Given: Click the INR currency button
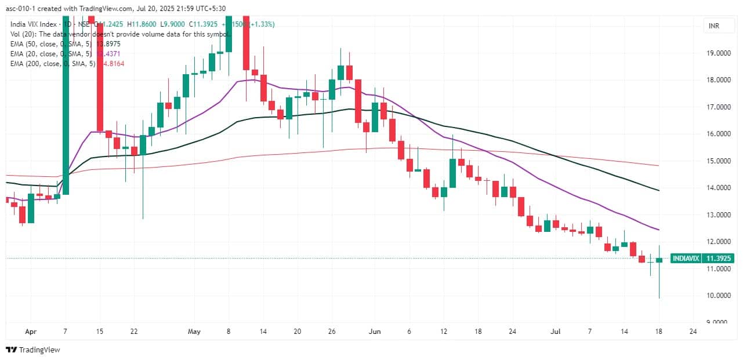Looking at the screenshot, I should [713, 26].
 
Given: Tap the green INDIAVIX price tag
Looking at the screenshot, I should [685, 259].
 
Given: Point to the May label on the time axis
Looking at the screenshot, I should [194, 332].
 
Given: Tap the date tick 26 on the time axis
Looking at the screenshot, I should [332, 332].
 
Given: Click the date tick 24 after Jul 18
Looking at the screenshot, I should [693, 332].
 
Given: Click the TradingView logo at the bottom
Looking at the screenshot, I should [34, 350].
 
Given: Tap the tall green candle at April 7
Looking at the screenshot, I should [66, 104].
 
